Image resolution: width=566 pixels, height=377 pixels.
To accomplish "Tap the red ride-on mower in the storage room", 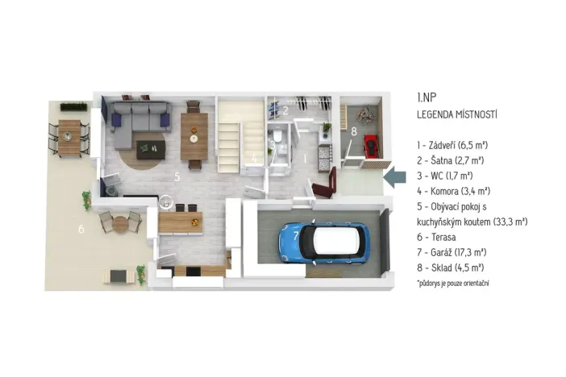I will (372, 146).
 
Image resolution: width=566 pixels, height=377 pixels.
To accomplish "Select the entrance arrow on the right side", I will (395, 177).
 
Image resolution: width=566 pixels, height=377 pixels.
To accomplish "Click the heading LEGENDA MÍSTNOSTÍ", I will (456, 115).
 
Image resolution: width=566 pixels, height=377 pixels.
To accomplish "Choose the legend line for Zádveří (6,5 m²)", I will (452, 146).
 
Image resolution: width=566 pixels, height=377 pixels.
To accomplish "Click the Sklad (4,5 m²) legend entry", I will (450, 267).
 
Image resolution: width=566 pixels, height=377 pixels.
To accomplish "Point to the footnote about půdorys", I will (454, 284).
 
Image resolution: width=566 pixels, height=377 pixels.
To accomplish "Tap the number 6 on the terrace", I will (81, 229).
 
